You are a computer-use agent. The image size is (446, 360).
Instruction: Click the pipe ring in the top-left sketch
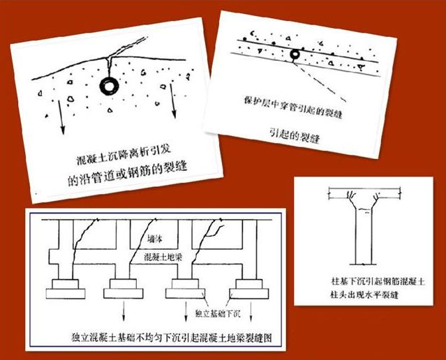pos(110,86)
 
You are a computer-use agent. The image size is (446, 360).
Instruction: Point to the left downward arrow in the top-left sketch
pos(61,112)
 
